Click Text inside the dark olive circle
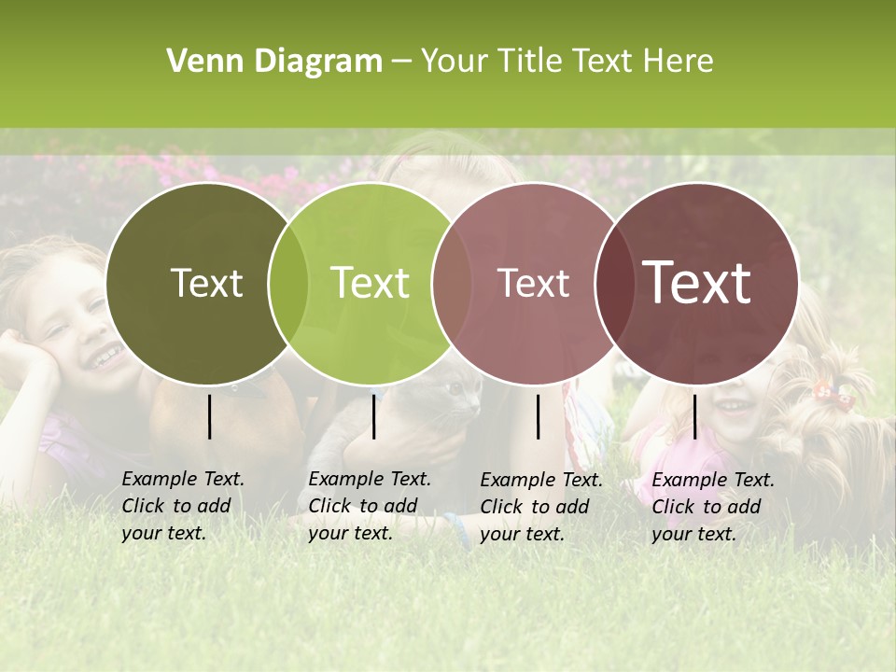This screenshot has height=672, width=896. coord(206,283)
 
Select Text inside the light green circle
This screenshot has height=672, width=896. coord(370,283)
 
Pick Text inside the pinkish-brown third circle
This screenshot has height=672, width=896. coord(533,283)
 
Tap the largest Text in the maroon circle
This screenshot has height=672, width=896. coord(697,283)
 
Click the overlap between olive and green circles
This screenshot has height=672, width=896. coord(288,283)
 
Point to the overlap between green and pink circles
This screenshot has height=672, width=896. coord(452,283)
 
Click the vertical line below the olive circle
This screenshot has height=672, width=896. coord(209,416)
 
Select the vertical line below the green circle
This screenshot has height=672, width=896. coord(373,416)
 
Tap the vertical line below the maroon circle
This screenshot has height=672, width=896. coord(694,416)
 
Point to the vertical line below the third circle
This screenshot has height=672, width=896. coord(538,416)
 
